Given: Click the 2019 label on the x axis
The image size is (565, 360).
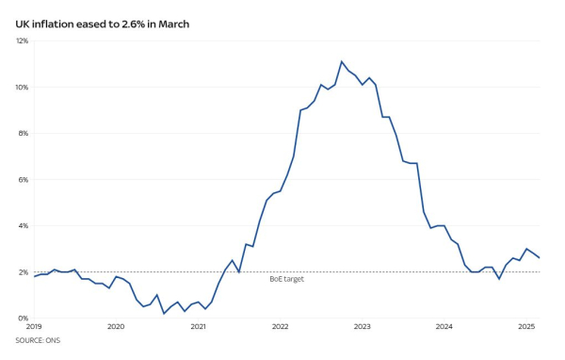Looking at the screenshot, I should (34, 328).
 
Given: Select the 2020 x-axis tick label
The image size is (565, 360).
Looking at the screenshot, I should (116, 328).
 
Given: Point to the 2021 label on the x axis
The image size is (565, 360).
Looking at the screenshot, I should (198, 328).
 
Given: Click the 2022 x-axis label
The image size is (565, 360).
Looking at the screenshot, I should (280, 328).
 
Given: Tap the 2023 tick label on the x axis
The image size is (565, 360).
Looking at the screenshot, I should (362, 328).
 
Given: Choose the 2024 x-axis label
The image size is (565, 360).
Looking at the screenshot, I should (444, 328).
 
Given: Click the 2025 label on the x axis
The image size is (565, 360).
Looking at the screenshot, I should (525, 328).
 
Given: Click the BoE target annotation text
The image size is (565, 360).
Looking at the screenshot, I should (287, 280).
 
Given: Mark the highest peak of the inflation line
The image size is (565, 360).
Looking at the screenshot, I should (342, 61).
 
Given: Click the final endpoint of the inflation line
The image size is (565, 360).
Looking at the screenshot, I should (539, 258).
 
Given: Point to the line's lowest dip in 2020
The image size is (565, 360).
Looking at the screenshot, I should (164, 313).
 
